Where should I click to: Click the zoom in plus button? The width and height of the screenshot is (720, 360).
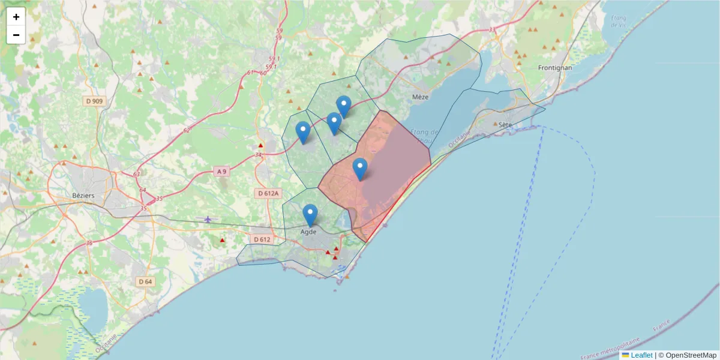coord(16,17)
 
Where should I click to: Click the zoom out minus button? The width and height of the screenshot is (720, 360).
coord(16,35)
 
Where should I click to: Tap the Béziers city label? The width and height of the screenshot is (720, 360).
coord(83,195)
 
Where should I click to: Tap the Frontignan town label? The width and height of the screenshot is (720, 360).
coord(555,68)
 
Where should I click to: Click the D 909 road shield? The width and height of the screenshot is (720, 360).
coord(94,101)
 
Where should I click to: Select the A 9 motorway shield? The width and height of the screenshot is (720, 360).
coord(221,172)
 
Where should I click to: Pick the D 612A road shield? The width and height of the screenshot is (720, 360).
coord(268,193)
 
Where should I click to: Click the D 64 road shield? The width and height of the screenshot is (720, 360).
coord(145,281)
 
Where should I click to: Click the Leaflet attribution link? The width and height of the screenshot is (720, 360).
coord(641,355)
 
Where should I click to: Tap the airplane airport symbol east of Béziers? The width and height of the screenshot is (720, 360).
coord(208,219)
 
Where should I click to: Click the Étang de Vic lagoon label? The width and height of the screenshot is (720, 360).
coord(618,21)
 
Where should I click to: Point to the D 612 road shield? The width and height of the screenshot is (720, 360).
coord(262,239)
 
